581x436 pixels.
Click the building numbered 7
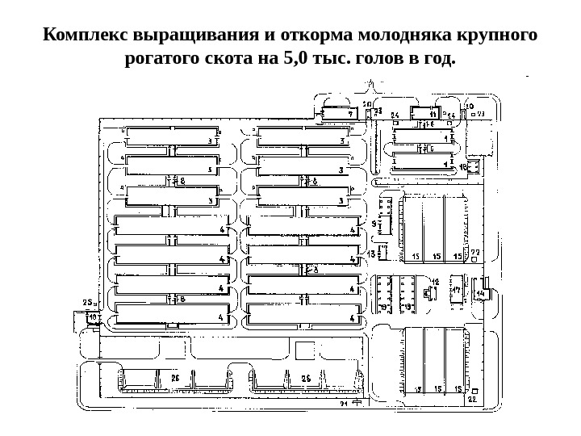coord(339,112)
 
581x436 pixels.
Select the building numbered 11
coord(423,112)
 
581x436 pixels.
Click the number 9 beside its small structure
coord(374,223)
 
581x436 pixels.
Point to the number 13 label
coord(372,254)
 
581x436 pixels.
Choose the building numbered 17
coord(457,291)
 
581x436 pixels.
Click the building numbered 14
coord(482,291)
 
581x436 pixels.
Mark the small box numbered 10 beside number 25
coord(93,318)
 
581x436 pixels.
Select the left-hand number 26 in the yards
coord(174,377)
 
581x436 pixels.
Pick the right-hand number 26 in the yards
coord(306,377)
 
